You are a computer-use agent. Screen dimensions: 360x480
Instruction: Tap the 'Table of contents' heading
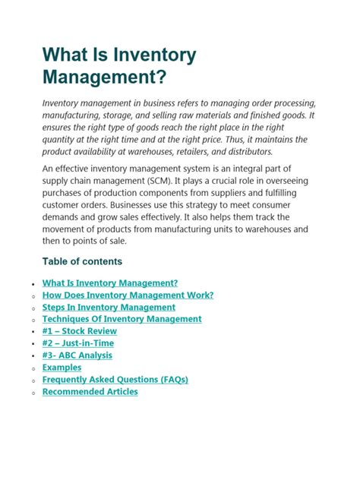click(82, 261)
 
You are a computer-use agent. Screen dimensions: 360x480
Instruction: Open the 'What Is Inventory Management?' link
click(110, 283)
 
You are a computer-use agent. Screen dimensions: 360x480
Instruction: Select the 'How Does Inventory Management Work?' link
click(128, 295)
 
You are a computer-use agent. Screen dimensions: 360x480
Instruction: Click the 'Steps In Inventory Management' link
click(109, 307)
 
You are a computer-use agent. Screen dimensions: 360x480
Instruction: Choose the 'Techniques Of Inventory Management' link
click(122, 319)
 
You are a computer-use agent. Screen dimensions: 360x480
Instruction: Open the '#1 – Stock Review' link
click(80, 331)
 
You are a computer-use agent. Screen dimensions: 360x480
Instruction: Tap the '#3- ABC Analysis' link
click(77, 355)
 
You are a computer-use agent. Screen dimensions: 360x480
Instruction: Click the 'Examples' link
click(62, 368)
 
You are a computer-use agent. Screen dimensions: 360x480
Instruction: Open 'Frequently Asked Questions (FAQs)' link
click(115, 380)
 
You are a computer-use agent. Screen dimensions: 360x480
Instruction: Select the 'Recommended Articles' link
click(90, 392)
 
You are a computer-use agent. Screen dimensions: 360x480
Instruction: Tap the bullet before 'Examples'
click(33, 369)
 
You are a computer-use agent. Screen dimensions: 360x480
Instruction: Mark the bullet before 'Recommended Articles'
click(33, 393)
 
